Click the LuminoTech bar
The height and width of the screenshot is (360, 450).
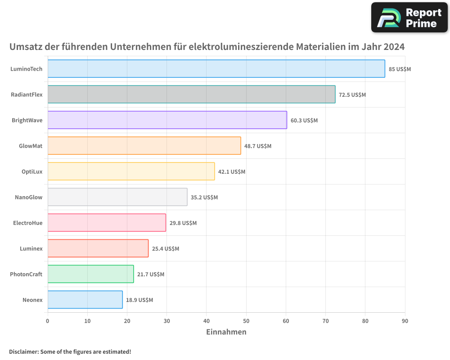tap(216, 69)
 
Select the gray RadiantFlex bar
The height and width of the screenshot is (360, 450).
tap(191, 94)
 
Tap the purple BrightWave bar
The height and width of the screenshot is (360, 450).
tap(167, 120)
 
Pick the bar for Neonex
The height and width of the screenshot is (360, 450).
tap(85, 300)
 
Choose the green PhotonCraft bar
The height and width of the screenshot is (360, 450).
tap(90, 274)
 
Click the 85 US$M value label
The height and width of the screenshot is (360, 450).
tap(400, 69)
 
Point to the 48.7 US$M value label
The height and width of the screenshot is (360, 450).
tap(258, 146)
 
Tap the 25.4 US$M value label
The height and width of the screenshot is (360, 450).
tap(165, 249)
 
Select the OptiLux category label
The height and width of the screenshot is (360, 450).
tap(32, 171)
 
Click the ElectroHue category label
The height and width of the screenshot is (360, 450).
tap(27, 223)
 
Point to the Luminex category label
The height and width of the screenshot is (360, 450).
tap(31, 248)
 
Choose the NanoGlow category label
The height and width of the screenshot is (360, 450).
tap(29, 197)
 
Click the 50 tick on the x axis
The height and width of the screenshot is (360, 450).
tap(246, 321)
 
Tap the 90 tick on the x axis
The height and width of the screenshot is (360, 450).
tap(405, 321)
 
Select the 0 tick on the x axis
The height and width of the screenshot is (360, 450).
tap(48, 321)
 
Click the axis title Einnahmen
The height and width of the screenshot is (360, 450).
tap(226, 332)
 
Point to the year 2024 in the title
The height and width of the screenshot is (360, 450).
tap(394, 46)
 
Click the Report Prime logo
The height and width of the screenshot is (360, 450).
tap(409, 18)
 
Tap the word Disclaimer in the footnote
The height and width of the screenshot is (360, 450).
tap(23, 351)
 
